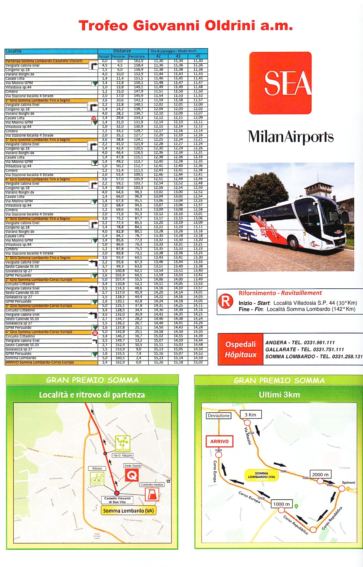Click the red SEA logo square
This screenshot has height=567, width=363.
coord(280,83)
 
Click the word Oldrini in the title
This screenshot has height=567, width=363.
coord(230,26)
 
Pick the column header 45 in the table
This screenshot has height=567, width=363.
coord(198,56)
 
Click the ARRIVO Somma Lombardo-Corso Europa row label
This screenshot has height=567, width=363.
coord(40,362)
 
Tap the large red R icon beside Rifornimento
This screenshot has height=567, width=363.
coord(225,301)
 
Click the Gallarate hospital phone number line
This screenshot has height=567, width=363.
coord(305,349)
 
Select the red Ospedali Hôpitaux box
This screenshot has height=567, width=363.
coord(241,349)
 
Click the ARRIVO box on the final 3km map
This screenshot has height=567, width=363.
coord(219,441)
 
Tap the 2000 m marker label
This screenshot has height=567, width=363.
coord(320,474)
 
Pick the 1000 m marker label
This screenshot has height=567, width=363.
coord(281,504)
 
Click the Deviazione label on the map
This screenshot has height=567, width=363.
coord(219,416)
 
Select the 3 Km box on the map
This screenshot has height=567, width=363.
coord(251,415)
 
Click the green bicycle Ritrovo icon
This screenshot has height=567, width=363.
coord(97,478)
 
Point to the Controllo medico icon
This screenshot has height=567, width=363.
coord(152,495)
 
